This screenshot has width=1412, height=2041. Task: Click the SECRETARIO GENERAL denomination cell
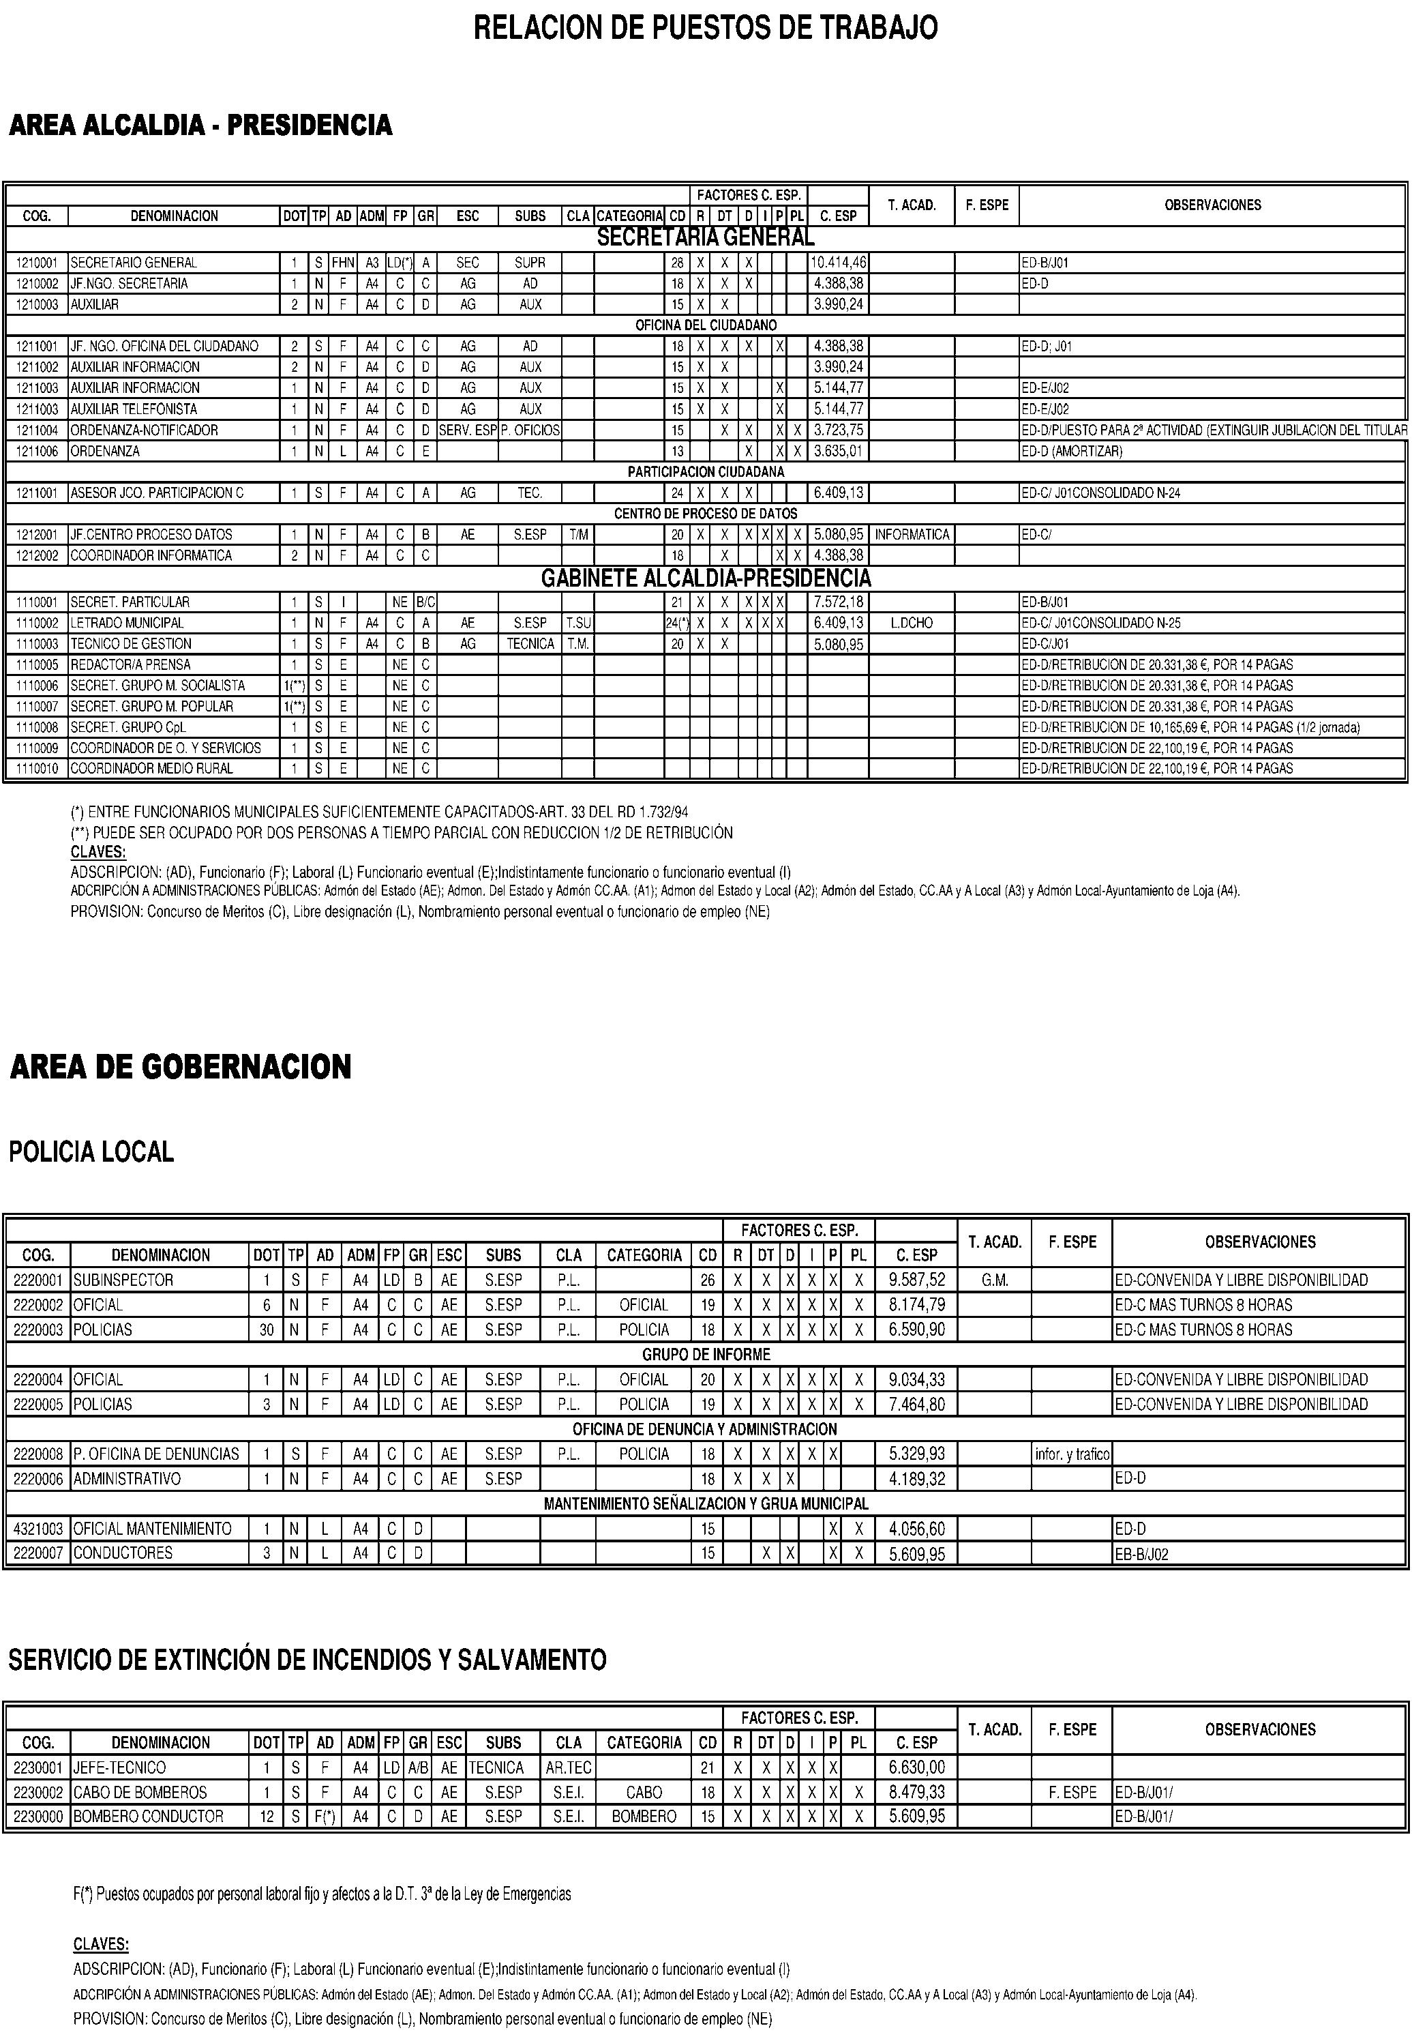pos(134,263)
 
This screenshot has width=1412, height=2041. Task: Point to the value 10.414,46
pos(839,263)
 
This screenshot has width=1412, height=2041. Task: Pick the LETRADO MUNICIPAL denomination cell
pos(127,623)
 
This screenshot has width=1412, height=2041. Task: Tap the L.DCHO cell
pos(912,623)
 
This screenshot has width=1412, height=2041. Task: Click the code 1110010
pos(36,768)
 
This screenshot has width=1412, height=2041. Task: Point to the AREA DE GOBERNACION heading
pos(181,1066)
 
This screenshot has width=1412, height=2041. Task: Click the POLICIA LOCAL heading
pos(91,1151)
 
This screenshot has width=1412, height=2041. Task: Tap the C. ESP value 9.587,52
pos(916,1280)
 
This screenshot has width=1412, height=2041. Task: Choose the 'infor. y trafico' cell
pos(1071,1453)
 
